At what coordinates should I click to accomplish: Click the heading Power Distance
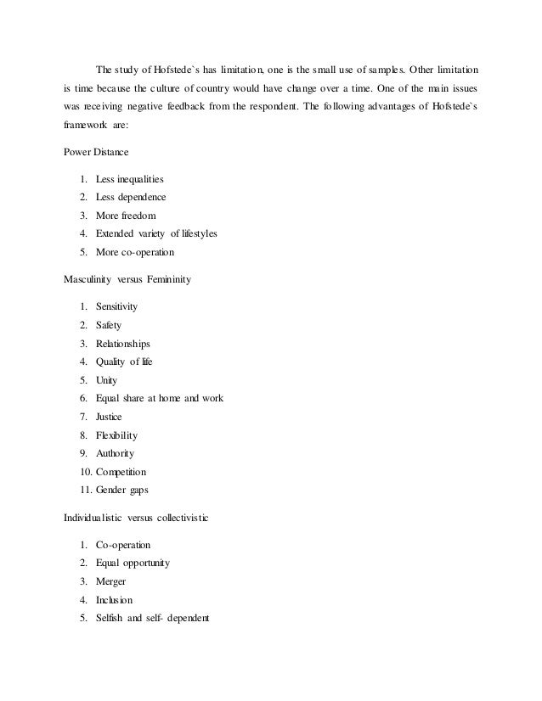click(98, 153)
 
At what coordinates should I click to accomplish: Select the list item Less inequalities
click(130, 179)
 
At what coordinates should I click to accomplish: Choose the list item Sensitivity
click(117, 306)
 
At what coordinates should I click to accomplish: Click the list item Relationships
click(123, 343)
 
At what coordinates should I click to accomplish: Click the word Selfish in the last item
click(112, 618)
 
